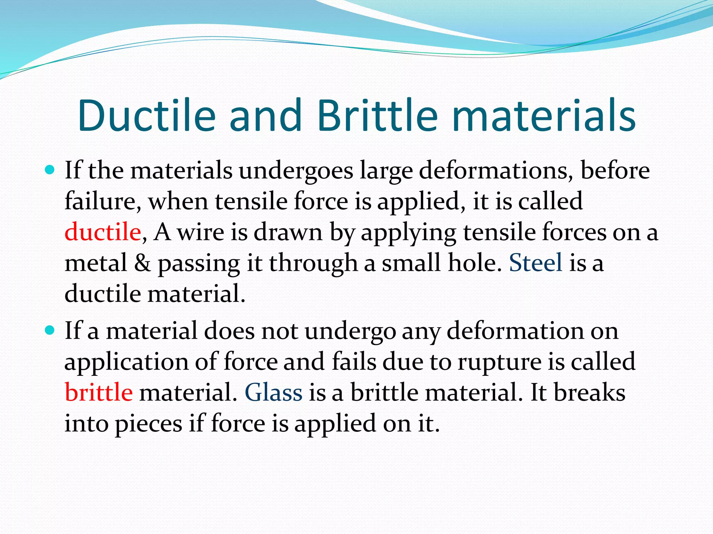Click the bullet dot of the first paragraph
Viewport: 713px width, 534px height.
pos(50,170)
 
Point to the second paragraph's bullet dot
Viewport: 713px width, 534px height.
pos(50,330)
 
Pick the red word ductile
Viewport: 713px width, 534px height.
pos(103,232)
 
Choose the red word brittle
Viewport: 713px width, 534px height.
pos(99,392)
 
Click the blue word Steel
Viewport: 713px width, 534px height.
pos(535,262)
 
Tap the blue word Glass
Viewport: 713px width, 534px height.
pos(274,392)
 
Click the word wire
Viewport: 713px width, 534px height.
pos(201,232)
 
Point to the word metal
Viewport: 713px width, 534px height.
pos(96,262)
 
